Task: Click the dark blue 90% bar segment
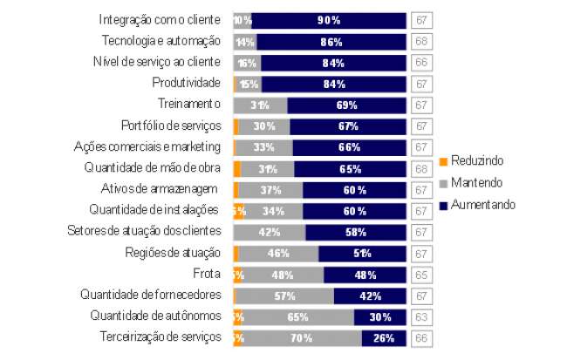tap(329, 19)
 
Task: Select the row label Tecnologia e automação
tap(161, 41)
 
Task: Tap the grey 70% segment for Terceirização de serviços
tap(303, 337)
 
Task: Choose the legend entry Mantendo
tap(472, 183)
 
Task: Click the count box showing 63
tap(420, 316)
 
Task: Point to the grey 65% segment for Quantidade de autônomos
tap(298, 316)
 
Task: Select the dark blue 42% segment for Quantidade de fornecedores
tap(370, 295)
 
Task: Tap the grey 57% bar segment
tap(284, 295)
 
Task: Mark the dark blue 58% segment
tap(356, 232)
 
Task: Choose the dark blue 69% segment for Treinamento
tap(346, 105)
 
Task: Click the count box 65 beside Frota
tap(420, 274)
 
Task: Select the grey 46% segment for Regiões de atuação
tap(278, 253)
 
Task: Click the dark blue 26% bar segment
tap(384, 337)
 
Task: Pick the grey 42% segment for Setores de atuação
tap(270, 232)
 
